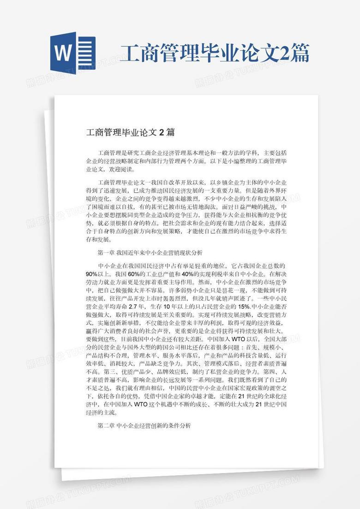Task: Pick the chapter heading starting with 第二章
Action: coord(144,425)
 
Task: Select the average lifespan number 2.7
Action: coord(133,307)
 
